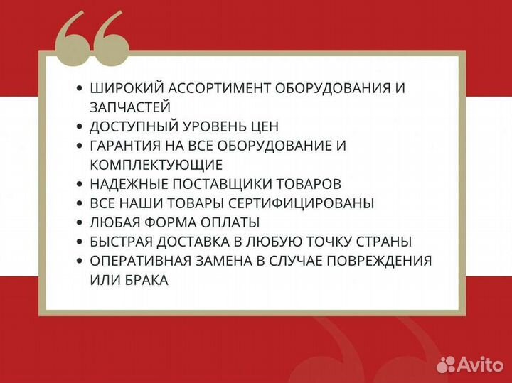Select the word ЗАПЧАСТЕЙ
click(130, 107)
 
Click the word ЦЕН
click(264, 126)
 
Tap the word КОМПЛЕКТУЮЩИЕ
click(156, 165)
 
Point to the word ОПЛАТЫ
click(232, 222)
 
